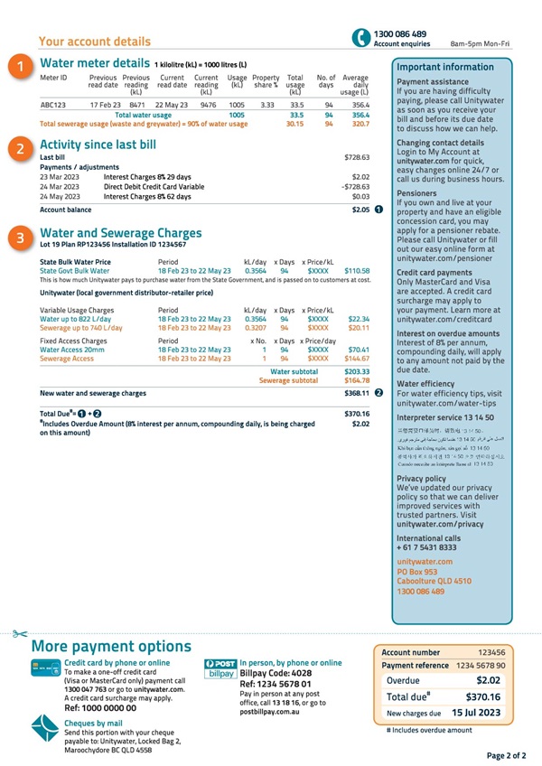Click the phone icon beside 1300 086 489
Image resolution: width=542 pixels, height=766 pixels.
point(360,37)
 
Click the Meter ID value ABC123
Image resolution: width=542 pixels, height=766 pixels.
point(53,105)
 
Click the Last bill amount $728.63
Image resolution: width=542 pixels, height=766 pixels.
point(358,157)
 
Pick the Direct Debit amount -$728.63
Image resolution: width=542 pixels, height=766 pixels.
point(356,186)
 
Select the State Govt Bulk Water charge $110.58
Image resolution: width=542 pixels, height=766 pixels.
point(358,270)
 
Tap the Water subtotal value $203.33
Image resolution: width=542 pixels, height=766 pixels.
point(357,371)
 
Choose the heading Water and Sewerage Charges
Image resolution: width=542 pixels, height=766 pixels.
point(121,233)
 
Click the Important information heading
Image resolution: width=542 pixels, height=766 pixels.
point(445,67)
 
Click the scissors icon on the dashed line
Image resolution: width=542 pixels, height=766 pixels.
point(20,634)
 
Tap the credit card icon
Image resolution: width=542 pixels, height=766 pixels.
point(41,668)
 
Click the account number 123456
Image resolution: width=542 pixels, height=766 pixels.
point(491,651)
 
